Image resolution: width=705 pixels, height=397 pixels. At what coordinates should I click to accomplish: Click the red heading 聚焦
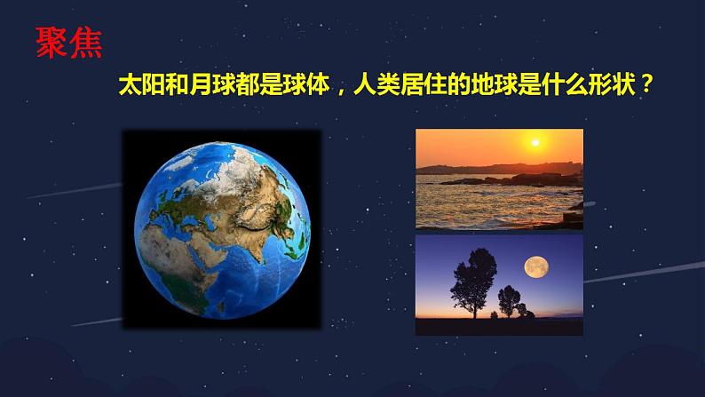coord(68,43)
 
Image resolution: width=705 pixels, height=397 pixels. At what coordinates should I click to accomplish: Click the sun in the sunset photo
coord(535,143)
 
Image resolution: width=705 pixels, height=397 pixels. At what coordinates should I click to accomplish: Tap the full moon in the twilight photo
coord(536,267)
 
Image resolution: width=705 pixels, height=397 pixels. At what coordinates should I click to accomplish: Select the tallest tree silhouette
coord(473,281)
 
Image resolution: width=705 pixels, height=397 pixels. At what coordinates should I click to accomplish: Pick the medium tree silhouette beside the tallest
coord(509,300)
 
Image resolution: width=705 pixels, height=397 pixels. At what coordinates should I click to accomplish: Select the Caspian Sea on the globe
coord(209,221)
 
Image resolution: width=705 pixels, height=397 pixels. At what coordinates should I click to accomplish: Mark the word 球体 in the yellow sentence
coord(305,84)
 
